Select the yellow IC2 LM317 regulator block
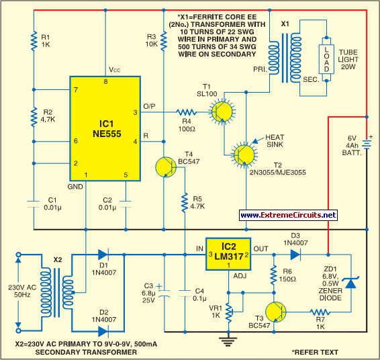[228, 255]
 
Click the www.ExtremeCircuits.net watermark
[287, 215]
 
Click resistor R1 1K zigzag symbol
[32, 41]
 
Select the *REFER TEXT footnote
[316, 351]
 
